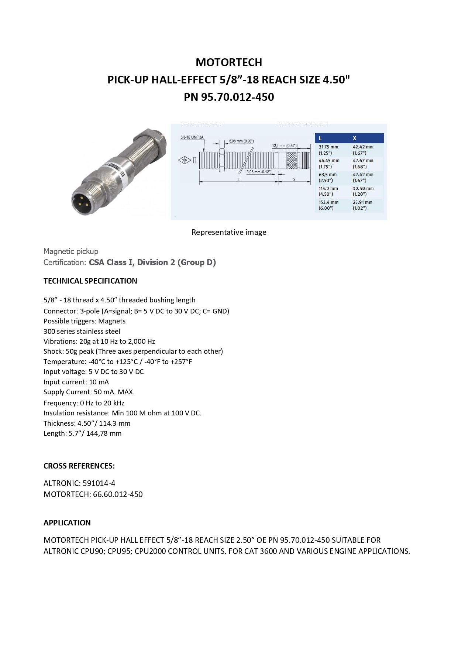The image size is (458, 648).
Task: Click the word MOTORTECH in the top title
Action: (229, 62)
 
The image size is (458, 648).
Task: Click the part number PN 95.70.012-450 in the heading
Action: (229, 97)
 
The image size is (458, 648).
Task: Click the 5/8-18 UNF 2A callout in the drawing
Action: (192, 138)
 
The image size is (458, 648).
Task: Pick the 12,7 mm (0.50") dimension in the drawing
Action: (284, 146)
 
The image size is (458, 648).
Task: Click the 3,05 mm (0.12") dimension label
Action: (259, 172)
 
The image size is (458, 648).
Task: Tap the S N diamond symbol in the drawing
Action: (185, 160)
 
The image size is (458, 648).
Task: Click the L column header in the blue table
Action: (320, 138)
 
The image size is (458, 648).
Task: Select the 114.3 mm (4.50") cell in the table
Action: (328, 191)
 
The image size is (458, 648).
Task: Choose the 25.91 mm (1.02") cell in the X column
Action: (362, 205)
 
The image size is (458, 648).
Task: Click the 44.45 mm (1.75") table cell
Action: (329, 164)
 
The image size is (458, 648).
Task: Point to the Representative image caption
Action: (229, 232)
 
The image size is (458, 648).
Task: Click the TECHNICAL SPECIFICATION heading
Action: (90, 281)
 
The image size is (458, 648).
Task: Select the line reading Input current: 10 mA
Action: (76, 382)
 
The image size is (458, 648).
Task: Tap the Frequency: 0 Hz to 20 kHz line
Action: (84, 403)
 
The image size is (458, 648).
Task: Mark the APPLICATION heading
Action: (67, 523)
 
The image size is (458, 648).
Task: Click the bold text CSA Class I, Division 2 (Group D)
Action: (152, 263)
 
